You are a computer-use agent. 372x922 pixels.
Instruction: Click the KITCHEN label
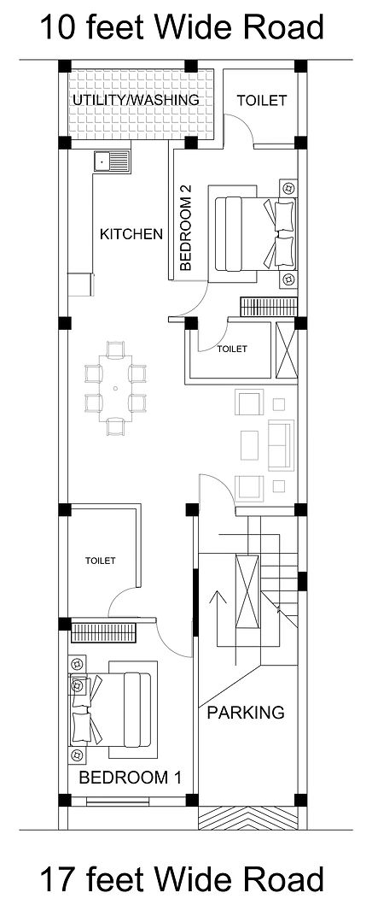click(x=131, y=234)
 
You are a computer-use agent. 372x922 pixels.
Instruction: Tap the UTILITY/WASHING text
click(x=136, y=100)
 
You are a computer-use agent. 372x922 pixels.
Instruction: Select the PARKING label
click(x=246, y=713)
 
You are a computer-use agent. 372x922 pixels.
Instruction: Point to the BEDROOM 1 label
click(x=130, y=778)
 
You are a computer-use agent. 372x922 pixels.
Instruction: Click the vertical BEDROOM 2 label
click(x=185, y=227)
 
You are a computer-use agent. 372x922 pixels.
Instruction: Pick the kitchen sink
click(x=112, y=159)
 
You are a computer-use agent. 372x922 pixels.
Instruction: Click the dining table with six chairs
click(x=115, y=388)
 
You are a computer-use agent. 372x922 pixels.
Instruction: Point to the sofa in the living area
click(x=281, y=444)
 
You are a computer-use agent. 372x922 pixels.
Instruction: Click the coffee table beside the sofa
click(x=249, y=445)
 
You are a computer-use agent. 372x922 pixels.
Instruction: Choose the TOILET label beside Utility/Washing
click(x=262, y=101)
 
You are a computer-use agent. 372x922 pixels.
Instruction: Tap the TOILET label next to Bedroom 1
click(x=101, y=561)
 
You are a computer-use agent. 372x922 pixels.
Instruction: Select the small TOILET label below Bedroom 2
click(x=232, y=349)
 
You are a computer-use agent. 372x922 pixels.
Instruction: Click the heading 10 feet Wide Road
click(x=182, y=27)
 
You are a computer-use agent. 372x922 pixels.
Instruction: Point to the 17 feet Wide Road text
click(x=182, y=880)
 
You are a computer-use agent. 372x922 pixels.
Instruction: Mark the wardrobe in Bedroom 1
click(x=104, y=632)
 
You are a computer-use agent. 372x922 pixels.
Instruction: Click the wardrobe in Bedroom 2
click(x=268, y=308)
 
